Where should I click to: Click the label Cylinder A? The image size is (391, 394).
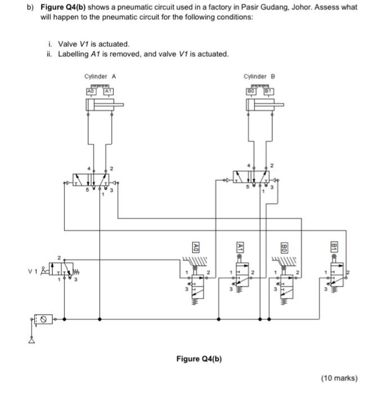[100, 77]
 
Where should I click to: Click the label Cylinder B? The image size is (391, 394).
[259, 77]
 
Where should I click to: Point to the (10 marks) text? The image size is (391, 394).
[339, 378]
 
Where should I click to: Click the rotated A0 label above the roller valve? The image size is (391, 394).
[195, 247]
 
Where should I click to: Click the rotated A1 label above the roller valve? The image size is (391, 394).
[240, 247]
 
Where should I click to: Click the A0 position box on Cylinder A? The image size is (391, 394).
[89, 91]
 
